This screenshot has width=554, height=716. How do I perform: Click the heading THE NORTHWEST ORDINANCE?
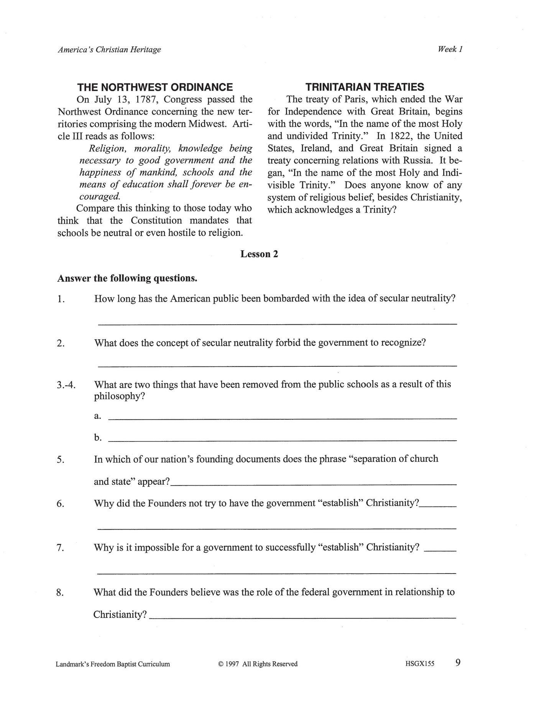155,87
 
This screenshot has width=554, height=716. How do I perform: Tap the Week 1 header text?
450,49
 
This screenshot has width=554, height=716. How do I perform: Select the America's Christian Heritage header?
109,50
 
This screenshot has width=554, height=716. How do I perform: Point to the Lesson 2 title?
259,254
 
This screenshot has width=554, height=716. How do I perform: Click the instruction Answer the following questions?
127,278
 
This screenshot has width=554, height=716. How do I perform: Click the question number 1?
61,299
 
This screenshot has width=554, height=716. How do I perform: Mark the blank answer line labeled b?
283,440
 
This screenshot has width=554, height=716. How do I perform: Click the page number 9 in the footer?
458,663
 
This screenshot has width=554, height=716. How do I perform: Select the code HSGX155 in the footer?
419,664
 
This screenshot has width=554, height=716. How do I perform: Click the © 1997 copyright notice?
258,664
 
